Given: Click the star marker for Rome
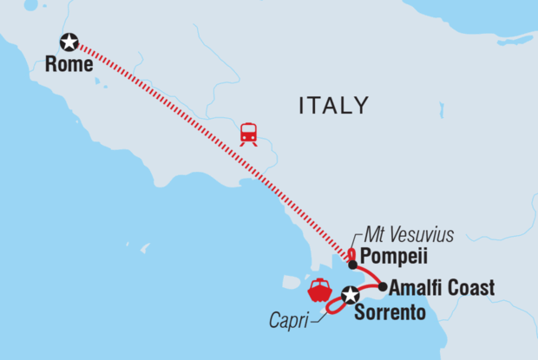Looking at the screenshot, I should coord(69,41).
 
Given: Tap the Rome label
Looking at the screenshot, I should coord(70,63).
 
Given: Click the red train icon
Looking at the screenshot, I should coord(249,134).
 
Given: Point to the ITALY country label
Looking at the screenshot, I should coord(333,106).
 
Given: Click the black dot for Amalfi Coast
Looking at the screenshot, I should coord(382,286).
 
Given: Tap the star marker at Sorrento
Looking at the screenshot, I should coord(350,296).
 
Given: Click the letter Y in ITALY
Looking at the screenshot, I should coord(361,106).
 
